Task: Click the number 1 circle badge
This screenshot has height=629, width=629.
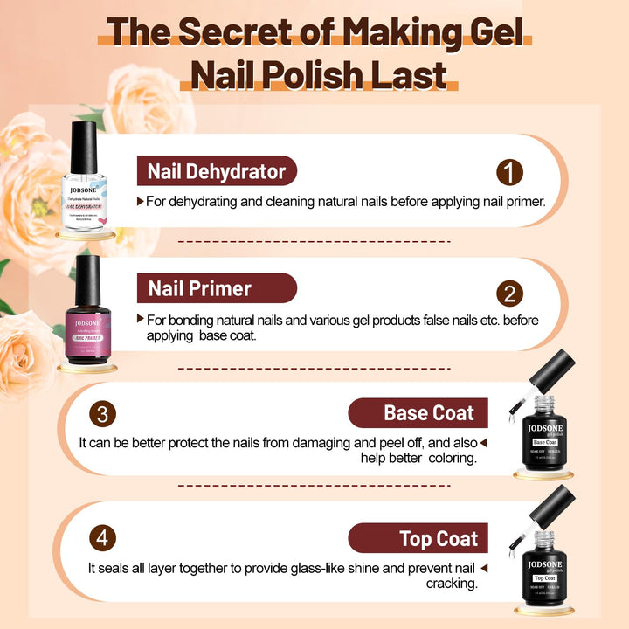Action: pyautogui.click(x=509, y=172)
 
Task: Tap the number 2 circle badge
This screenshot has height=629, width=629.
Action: pyautogui.click(x=509, y=294)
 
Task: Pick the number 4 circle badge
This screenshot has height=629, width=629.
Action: pyautogui.click(x=102, y=537)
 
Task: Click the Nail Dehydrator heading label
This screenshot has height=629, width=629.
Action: pyautogui.click(x=217, y=170)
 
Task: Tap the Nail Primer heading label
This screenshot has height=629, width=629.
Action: pyautogui.click(x=200, y=288)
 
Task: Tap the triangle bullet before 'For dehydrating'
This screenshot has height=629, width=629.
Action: pyautogui.click(x=141, y=201)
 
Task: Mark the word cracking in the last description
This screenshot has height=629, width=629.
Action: pyautogui.click(x=453, y=584)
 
